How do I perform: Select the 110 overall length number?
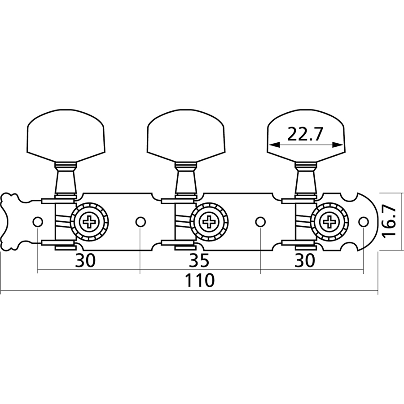tap(200, 281)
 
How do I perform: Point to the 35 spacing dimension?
tap(200, 260)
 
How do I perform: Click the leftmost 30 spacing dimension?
tap(85, 260)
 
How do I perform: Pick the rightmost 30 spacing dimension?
tap(305, 260)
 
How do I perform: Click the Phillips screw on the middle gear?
tap(210, 221)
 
